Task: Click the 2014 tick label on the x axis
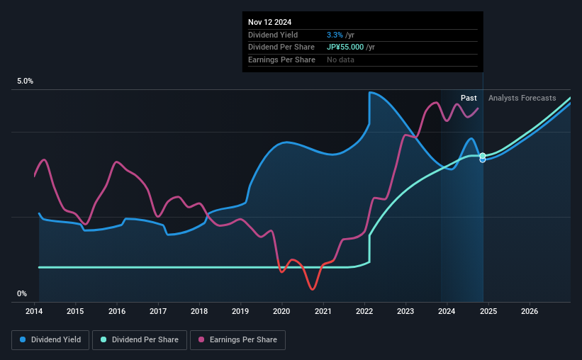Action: (x=35, y=311)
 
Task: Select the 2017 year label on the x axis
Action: (x=158, y=311)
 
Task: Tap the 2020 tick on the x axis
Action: (x=281, y=311)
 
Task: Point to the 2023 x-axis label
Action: (x=405, y=311)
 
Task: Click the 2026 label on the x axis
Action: (x=529, y=311)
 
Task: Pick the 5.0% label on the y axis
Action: (x=26, y=81)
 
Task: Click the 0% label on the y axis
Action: (x=22, y=293)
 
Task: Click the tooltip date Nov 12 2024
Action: (x=269, y=22)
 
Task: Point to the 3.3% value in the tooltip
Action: (x=335, y=35)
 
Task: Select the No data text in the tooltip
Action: (x=340, y=60)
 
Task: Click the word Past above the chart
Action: (x=469, y=98)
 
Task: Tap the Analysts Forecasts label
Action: (x=522, y=98)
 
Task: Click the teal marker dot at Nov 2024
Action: (x=483, y=155)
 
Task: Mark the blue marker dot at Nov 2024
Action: (x=483, y=159)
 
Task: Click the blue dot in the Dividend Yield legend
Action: (x=23, y=340)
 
